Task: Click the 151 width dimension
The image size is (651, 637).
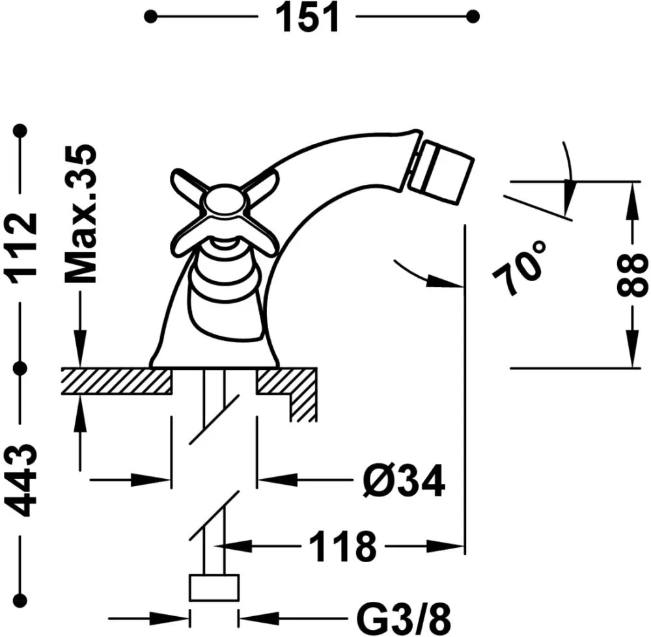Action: (309, 18)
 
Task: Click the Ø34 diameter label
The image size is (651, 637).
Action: (403, 481)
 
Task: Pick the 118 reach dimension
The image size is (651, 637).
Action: (342, 547)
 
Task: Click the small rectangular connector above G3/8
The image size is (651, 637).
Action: (214, 588)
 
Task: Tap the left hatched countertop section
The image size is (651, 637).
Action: (117, 381)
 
